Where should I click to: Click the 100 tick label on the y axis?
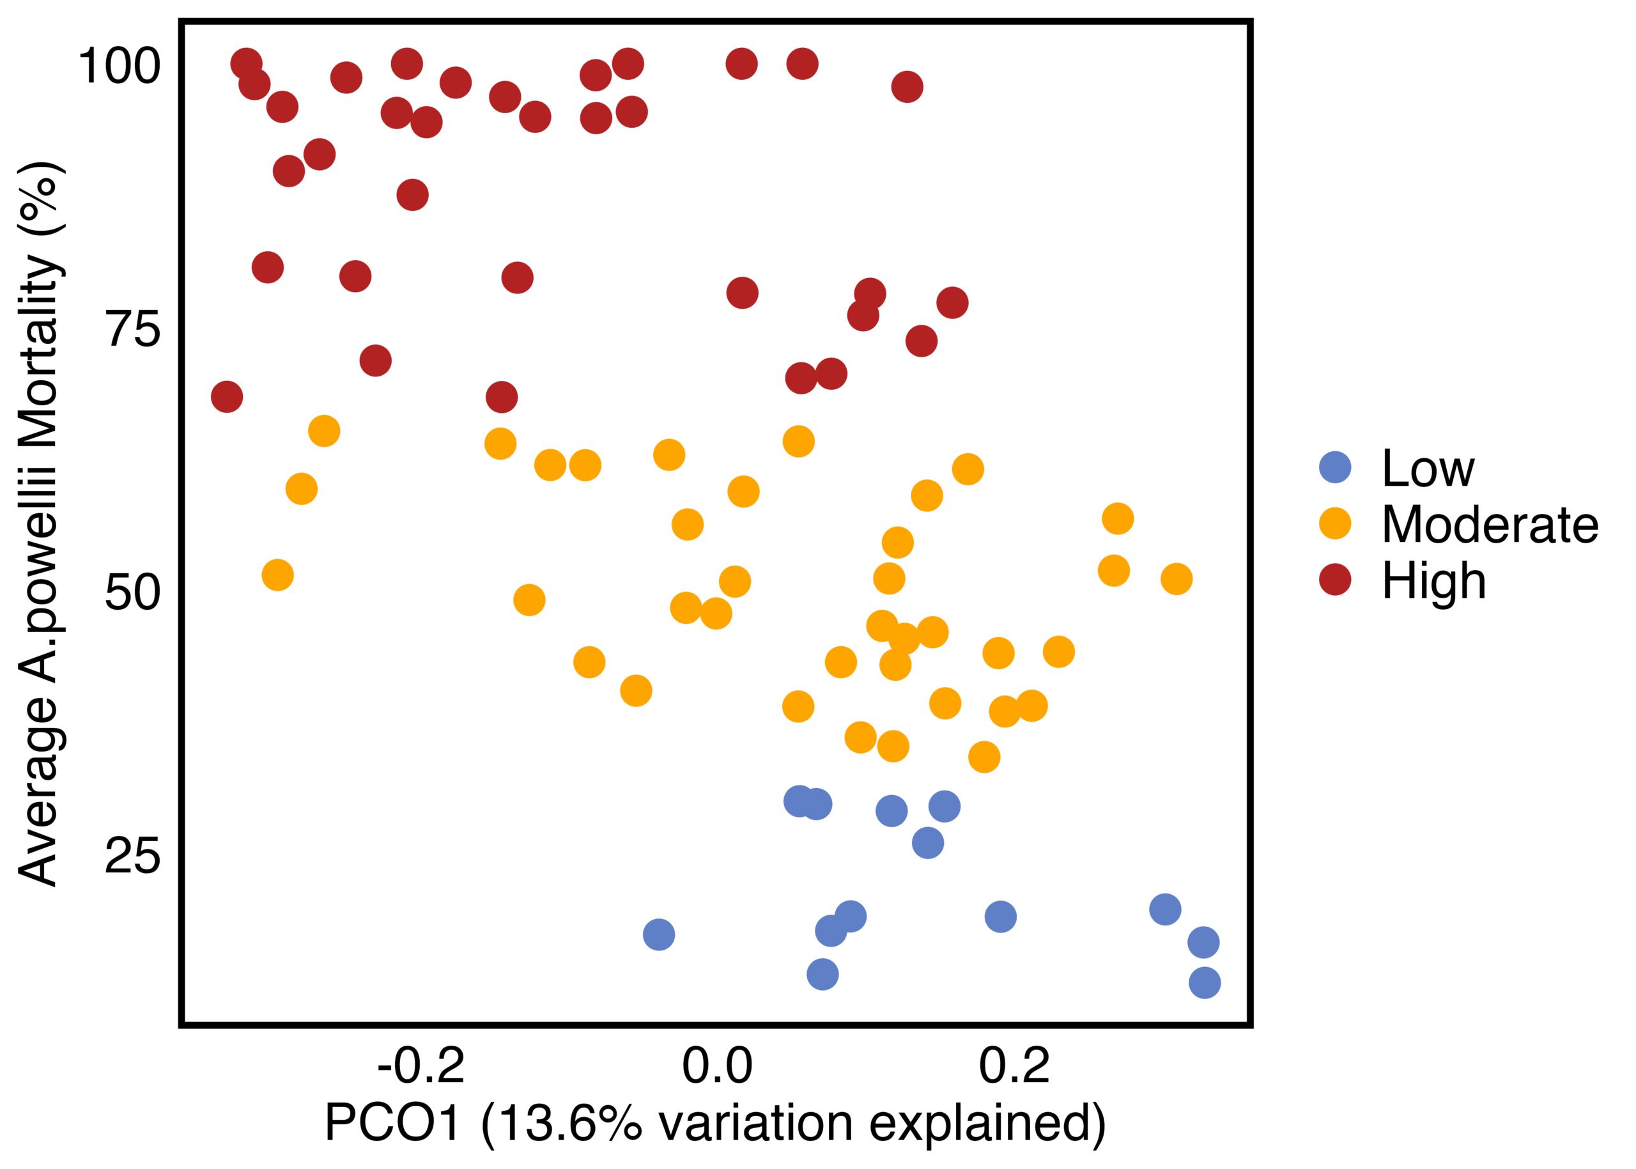point(119,66)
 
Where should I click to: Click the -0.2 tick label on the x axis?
point(421,1066)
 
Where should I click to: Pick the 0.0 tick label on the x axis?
point(717,1066)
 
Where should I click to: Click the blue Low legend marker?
point(1334,468)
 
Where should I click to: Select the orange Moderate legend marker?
point(1334,523)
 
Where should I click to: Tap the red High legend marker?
point(1334,580)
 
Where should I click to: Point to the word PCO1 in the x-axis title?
point(392,1123)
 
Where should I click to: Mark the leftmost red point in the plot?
point(227,397)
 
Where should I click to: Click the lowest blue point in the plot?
point(1205,982)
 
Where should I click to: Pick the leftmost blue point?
point(659,934)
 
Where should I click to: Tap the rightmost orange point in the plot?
point(1176,578)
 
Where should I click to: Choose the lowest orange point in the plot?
point(984,757)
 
